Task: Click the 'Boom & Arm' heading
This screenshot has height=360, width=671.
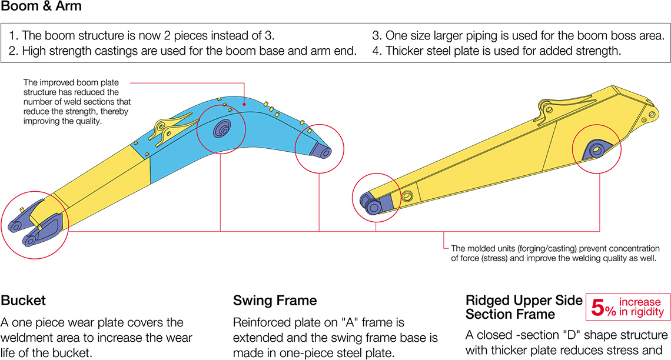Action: tap(41, 7)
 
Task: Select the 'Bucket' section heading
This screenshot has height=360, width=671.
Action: tap(24, 301)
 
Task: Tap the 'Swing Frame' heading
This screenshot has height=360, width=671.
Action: tap(275, 301)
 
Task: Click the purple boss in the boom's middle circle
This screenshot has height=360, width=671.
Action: tap(222, 129)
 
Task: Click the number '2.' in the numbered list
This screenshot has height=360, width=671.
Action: tap(14, 51)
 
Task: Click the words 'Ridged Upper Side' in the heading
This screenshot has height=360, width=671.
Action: tap(524, 300)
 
